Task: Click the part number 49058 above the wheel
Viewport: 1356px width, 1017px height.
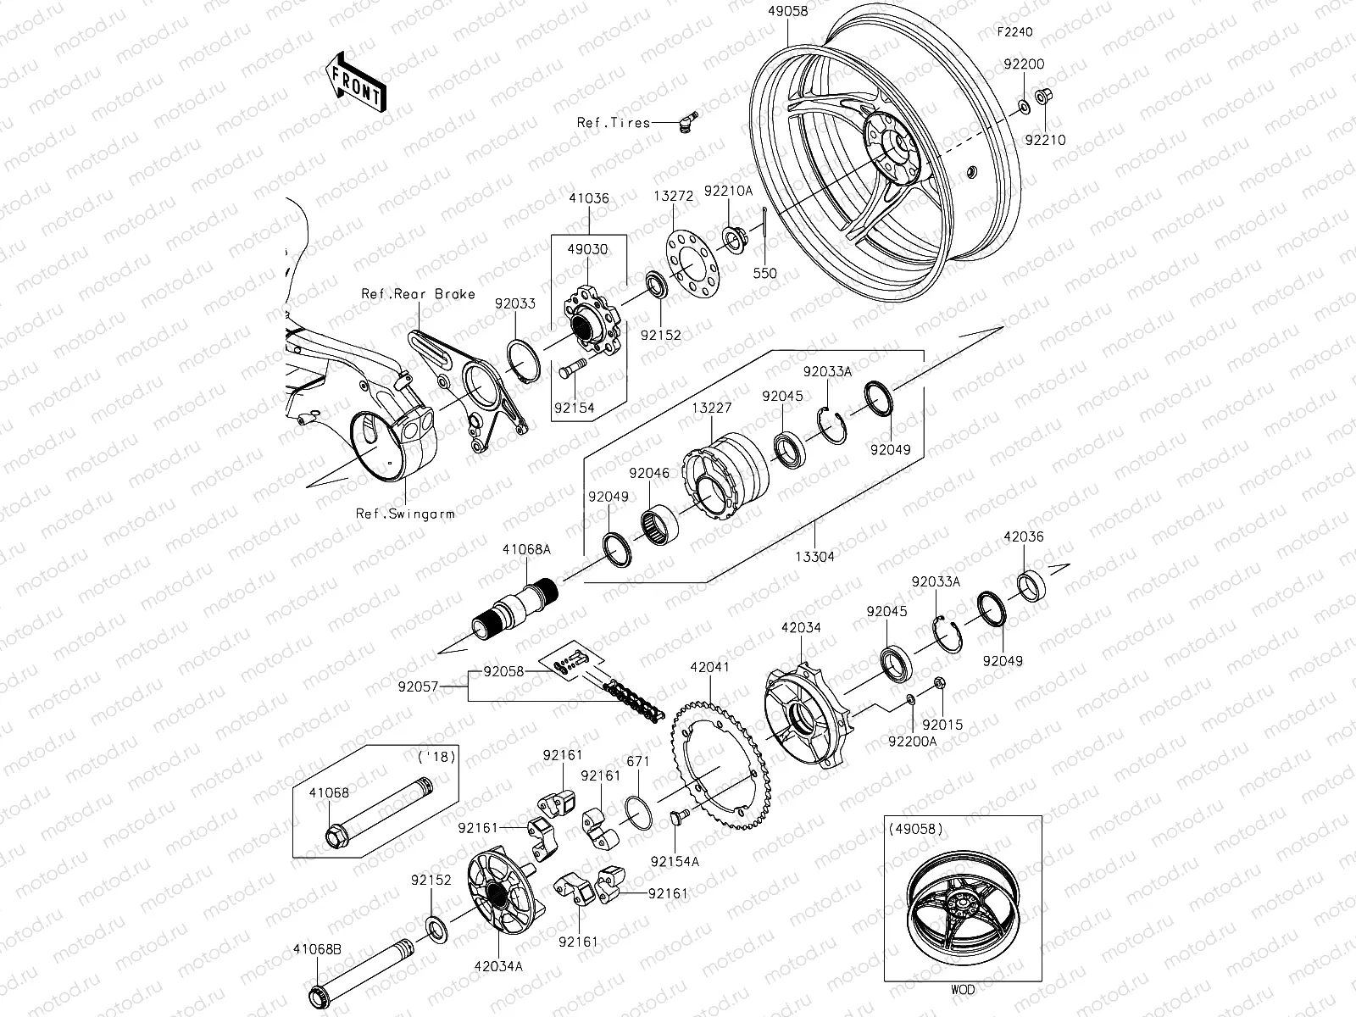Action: coord(787,12)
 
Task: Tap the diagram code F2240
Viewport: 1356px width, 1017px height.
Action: coord(1014,32)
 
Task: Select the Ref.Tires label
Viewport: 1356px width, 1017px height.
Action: coord(613,123)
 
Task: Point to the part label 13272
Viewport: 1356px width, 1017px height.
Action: coord(674,196)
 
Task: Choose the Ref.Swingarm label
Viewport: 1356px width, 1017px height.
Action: coord(405,514)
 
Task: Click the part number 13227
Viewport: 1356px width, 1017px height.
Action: coord(712,408)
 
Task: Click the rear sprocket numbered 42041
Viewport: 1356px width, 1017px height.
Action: coord(720,767)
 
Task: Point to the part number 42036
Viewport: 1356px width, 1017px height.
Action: coord(1024,536)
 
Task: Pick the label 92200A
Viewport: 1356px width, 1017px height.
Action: coord(913,742)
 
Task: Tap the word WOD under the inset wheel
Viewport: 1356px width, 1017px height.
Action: coord(962,989)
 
